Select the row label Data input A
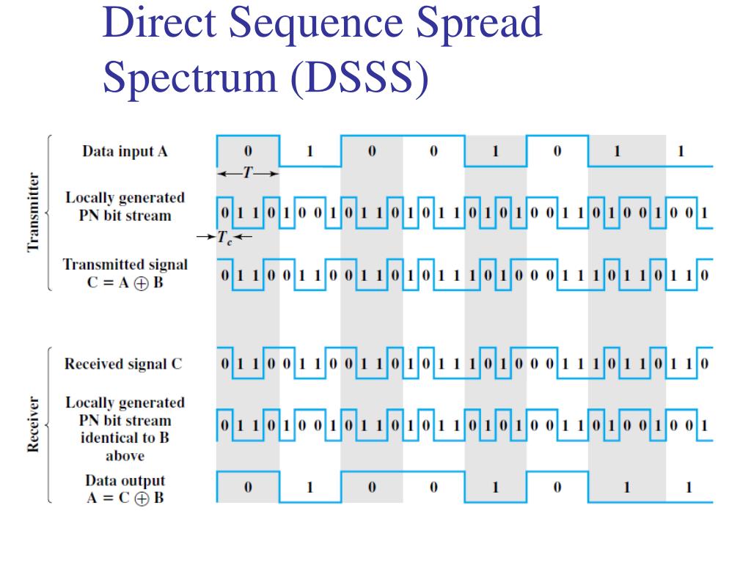(125, 152)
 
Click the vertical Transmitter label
(33, 213)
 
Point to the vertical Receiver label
(33, 425)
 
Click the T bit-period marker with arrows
(249, 173)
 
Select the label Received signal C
(123, 364)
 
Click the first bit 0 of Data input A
(248, 152)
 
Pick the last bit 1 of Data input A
(681, 152)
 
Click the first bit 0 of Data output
(248, 487)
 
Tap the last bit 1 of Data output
(688, 487)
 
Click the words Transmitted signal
(125, 265)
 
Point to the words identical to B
(125, 438)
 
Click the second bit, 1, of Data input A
(309, 152)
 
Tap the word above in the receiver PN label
(125, 456)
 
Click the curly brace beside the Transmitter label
(49, 213)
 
